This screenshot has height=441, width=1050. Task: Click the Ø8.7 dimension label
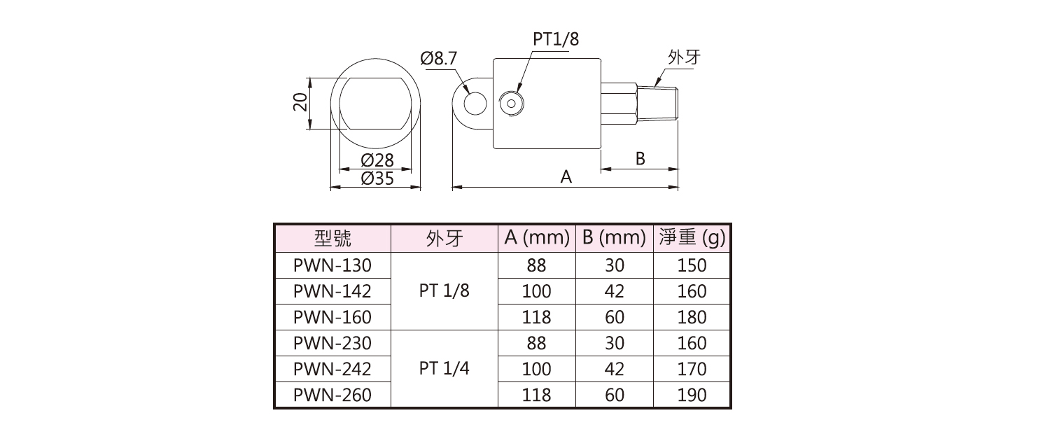pos(438,59)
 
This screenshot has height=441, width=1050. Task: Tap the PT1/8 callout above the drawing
pos(556,38)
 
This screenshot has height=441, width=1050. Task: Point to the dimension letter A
pos(566,178)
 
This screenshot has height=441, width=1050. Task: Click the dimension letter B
pos(640,158)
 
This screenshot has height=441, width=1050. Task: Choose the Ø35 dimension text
pos(377,179)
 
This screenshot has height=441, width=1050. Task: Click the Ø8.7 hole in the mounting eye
pos(475,104)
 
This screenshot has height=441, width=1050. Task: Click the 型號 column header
pos(332,239)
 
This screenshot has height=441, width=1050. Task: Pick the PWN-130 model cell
pos(332,265)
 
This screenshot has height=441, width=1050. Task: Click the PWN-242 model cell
pos(332,369)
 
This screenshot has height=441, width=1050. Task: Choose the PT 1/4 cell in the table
pos(444,369)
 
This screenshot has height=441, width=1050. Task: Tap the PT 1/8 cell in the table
pos(444,291)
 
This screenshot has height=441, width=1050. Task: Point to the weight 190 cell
pos(692,395)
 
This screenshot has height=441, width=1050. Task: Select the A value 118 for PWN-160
pos(536,317)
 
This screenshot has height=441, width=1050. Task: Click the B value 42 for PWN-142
pos(614,291)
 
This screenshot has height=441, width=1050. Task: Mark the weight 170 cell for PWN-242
pos(692,369)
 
